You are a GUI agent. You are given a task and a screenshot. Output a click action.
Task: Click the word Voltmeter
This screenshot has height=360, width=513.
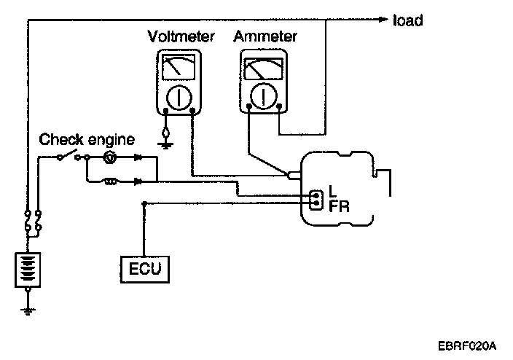[x=181, y=36]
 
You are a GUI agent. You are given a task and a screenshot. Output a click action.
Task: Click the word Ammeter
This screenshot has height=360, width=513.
[x=265, y=36]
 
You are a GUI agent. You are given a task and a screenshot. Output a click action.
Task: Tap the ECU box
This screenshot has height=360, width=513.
[x=145, y=270]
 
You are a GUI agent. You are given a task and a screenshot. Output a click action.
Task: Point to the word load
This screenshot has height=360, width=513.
[x=407, y=20]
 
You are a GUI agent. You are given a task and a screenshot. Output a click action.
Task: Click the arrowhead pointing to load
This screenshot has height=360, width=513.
[x=383, y=20]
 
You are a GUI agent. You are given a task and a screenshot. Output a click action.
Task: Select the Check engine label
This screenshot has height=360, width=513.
[x=87, y=140]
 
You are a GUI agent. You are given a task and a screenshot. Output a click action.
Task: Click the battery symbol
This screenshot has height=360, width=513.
[x=28, y=270]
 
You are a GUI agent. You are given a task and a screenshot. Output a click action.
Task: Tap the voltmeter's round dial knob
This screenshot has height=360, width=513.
[x=179, y=98]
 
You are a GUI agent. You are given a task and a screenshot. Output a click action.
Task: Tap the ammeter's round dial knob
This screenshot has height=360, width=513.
[x=263, y=96]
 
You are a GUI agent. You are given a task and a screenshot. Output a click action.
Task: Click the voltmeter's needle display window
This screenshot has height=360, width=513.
[x=179, y=67]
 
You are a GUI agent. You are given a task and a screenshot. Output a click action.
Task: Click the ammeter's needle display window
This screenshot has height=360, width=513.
[x=264, y=69]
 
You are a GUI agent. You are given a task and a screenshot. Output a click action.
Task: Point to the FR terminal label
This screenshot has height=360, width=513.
[x=339, y=207]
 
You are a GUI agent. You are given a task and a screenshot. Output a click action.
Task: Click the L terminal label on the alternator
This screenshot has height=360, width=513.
[x=332, y=191]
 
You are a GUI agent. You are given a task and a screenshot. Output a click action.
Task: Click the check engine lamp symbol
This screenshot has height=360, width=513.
[x=109, y=157]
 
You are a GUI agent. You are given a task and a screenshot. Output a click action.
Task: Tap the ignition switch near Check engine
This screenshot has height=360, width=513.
[x=68, y=155]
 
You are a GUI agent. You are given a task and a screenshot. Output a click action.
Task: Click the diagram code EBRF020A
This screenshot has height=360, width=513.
[x=467, y=345]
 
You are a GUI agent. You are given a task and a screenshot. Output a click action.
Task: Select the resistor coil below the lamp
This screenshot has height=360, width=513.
[x=111, y=181]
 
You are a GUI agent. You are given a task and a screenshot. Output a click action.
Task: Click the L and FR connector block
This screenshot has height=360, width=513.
[x=316, y=200]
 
